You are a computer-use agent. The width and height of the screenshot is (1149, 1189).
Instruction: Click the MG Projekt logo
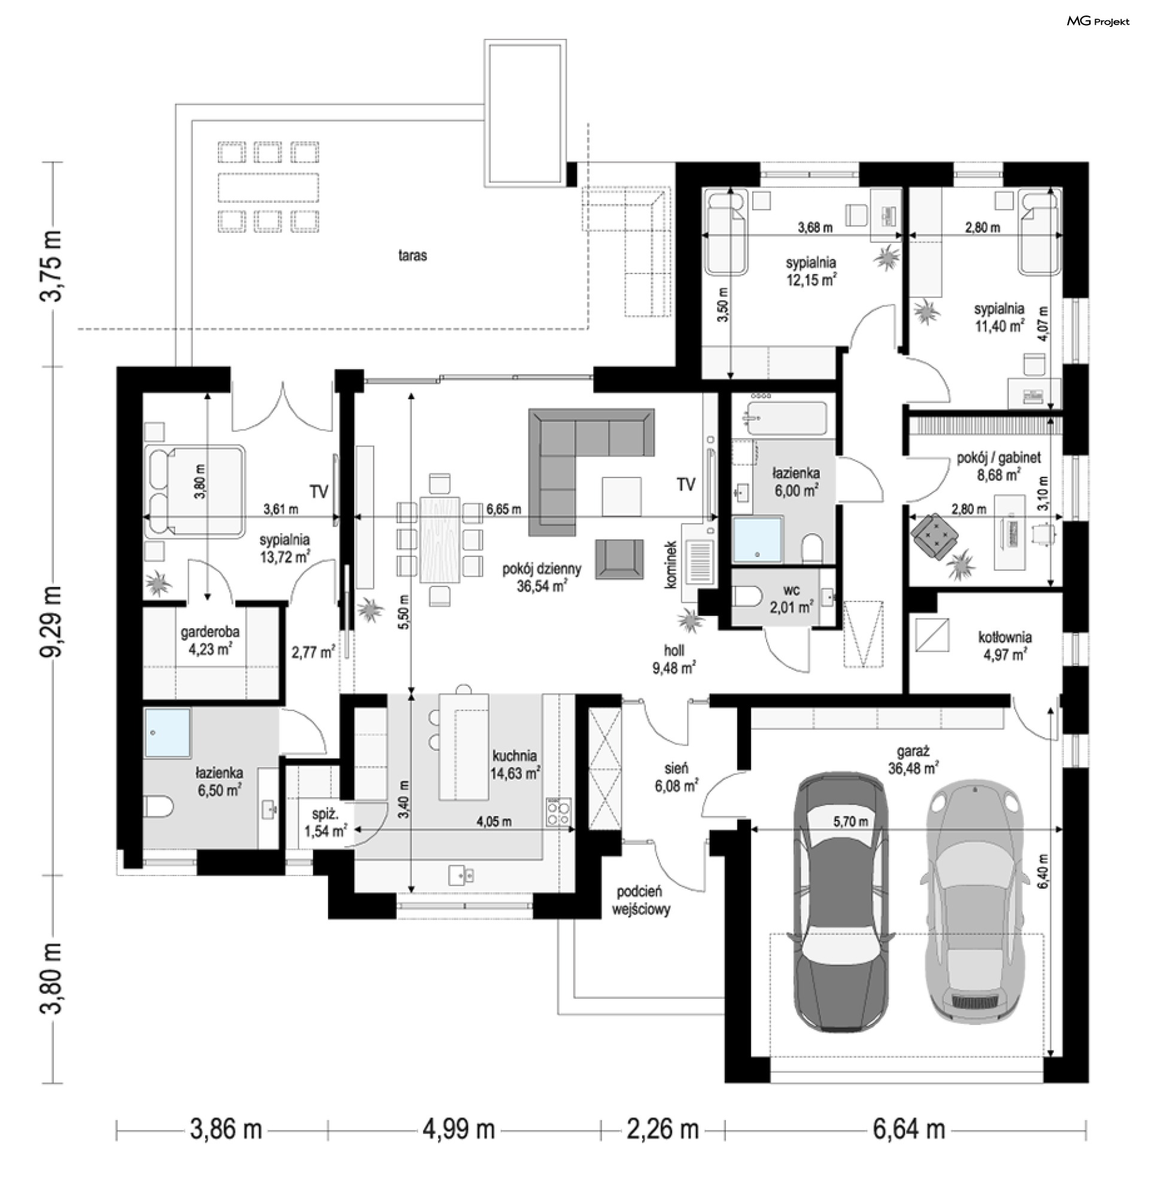click(1098, 22)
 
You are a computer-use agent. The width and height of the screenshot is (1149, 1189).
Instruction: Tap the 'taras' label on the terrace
click(412, 256)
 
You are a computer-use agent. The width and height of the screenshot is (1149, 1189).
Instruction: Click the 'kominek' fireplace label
click(670, 564)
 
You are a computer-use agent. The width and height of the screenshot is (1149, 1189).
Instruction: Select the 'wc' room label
click(791, 589)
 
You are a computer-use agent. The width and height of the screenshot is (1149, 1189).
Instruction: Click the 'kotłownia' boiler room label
click(1005, 637)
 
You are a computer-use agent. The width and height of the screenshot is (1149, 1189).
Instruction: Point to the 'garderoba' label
click(210, 631)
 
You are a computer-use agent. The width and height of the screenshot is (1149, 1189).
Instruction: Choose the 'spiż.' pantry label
click(324, 814)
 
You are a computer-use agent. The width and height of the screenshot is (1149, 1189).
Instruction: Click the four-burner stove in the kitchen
click(558, 811)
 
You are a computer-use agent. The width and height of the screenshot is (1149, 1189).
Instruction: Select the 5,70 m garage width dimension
click(850, 822)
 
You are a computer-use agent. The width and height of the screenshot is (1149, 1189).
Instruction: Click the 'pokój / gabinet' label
click(999, 457)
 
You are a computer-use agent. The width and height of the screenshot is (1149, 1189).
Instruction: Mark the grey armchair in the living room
click(619, 559)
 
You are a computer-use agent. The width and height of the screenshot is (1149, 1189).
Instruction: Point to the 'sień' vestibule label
click(676, 768)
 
